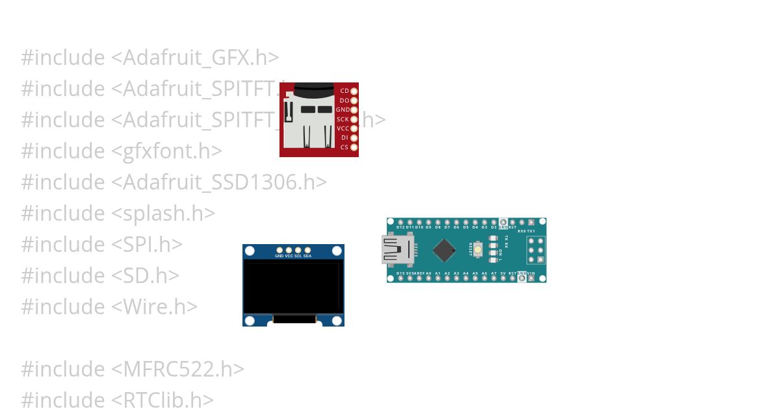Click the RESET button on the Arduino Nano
tap(478, 249)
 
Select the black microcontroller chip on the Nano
tap(444, 250)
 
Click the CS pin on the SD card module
tap(354, 147)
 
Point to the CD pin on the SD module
tap(354, 91)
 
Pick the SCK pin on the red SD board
tap(354, 119)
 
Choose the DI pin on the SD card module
tap(354, 138)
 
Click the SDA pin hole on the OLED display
tap(307, 250)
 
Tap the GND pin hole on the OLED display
tap(279, 250)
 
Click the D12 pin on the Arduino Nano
tap(400, 222)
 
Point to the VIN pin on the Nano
tap(531, 279)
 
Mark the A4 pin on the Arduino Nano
tap(466, 279)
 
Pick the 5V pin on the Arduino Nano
tap(503, 279)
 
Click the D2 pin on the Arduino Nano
tap(494, 222)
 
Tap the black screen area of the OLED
tap(292, 287)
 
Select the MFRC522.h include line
tap(133, 369)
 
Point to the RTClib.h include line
tap(117, 400)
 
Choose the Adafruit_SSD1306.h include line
tap(174, 182)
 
